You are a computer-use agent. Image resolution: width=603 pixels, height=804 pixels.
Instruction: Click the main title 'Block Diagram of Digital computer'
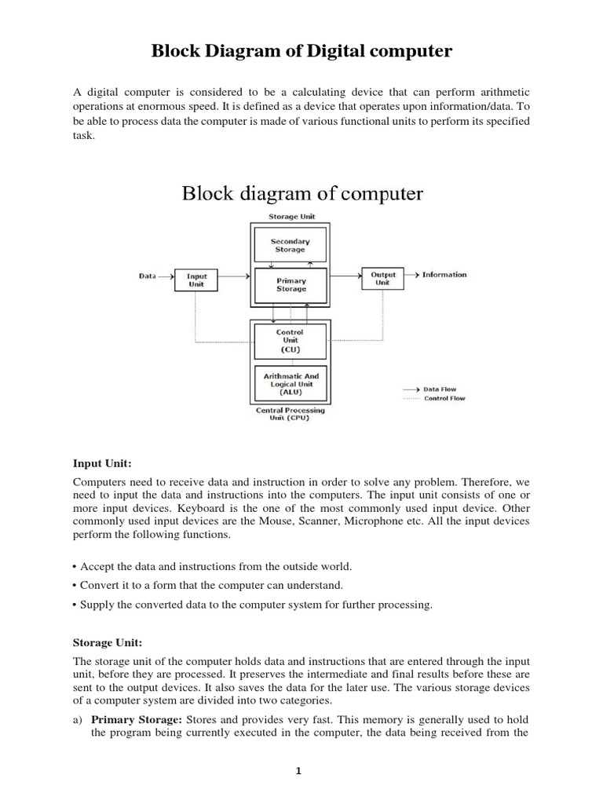(301, 52)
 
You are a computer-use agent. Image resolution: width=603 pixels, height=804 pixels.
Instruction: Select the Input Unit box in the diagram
(196, 280)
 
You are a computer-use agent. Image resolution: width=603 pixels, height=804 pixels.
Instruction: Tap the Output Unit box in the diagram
(382, 278)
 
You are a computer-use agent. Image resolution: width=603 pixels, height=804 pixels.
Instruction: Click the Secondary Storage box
(290, 246)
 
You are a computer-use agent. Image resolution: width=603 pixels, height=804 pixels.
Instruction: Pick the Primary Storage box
(291, 284)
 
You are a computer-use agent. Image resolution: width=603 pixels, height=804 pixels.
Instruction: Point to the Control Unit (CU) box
(290, 341)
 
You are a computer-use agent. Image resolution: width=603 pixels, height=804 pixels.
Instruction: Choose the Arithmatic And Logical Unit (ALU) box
(290, 385)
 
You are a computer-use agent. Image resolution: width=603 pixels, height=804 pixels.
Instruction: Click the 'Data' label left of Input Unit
(148, 276)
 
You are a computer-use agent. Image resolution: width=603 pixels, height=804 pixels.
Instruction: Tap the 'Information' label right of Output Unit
(444, 275)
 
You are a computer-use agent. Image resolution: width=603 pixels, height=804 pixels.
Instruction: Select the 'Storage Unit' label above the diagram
(290, 216)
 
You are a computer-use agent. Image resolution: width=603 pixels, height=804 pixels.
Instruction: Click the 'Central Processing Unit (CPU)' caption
(290, 414)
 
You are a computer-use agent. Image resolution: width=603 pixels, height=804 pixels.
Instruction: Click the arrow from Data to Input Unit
(167, 276)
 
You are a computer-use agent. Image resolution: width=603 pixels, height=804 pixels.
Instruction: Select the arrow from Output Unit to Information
(412, 275)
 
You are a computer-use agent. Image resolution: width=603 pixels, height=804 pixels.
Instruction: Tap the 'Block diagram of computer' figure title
(302, 193)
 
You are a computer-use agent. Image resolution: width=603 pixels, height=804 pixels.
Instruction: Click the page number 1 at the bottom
(298, 771)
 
